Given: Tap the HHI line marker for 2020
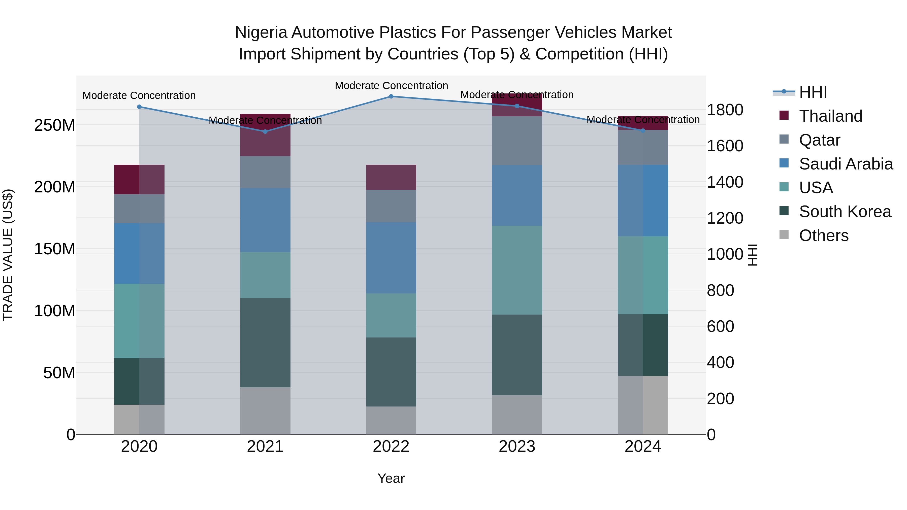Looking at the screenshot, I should click(139, 107).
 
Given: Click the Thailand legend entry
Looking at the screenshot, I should click(830, 116).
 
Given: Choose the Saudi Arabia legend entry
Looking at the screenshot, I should click(845, 164).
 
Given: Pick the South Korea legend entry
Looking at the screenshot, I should click(844, 212).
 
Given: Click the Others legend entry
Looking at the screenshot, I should click(823, 235).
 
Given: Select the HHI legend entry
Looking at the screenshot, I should click(813, 92).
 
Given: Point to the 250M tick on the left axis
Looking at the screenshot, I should click(55, 125).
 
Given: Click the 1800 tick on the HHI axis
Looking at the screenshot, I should click(725, 110).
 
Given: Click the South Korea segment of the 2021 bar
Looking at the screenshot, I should click(265, 343).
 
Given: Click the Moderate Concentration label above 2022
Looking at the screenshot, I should click(391, 86).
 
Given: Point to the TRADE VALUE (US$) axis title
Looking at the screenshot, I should click(8, 255).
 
